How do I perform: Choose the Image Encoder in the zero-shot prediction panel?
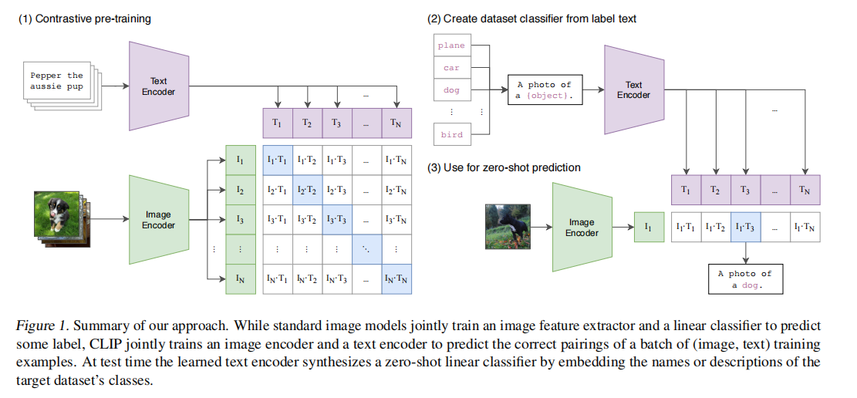click(x=582, y=228)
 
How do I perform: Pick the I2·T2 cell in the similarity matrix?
click(x=307, y=190)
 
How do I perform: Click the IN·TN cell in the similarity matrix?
click(x=396, y=278)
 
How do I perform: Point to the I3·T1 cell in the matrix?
click(x=278, y=219)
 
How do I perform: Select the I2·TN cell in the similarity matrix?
click(x=396, y=190)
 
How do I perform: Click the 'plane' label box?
click(x=451, y=46)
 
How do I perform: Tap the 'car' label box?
click(x=451, y=68)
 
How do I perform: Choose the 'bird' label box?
click(x=451, y=134)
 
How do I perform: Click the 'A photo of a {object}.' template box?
click(x=545, y=90)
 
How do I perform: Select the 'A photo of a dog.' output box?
click(x=744, y=279)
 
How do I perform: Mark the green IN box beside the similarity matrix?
click(x=240, y=278)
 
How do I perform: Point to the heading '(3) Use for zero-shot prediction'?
click(x=504, y=167)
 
